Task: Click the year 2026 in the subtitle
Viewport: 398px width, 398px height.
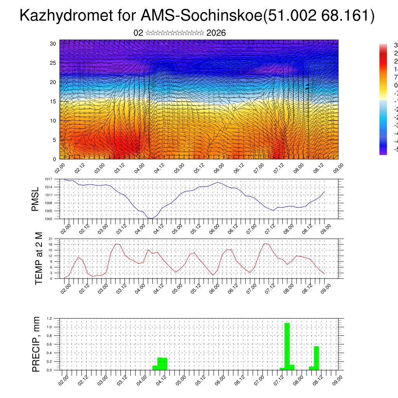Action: [x=216, y=33]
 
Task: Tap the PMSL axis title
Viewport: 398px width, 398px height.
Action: [x=35, y=199]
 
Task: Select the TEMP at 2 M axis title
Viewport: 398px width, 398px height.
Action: [x=39, y=258]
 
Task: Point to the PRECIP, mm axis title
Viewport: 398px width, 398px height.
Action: [x=36, y=344]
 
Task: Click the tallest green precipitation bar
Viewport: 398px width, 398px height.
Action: [x=287, y=346]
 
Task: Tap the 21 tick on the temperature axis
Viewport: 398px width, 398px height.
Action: [x=51, y=239]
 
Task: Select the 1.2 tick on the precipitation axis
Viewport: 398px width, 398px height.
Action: [x=50, y=318]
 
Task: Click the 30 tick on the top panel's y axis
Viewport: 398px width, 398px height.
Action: [x=53, y=44]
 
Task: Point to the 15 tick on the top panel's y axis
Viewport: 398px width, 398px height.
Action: [x=53, y=101]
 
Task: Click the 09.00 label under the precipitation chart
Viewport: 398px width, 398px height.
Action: [x=338, y=379]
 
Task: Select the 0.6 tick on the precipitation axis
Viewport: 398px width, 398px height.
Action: [x=50, y=344]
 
